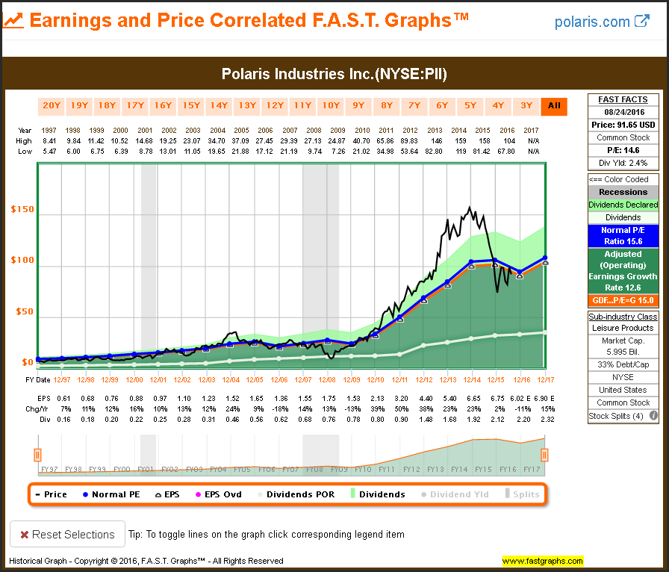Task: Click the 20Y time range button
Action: pyautogui.click(x=52, y=105)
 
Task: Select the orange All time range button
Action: pyautogui.click(x=553, y=105)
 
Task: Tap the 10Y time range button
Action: pyautogui.click(x=331, y=105)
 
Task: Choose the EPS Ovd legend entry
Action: pyautogui.click(x=220, y=494)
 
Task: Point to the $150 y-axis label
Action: pyautogui.click(x=22, y=210)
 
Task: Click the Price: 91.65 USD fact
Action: pyautogui.click(x=623, y=125)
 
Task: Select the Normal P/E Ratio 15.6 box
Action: pyautogui.click(x=623, y=236)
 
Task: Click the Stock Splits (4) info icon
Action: pyautogui.click(x=653, y=416)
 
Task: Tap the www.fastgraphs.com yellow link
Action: pyautogui.click(x=542, y=561)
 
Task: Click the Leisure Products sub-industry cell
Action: pyautogui.click(x=623, y=328)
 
